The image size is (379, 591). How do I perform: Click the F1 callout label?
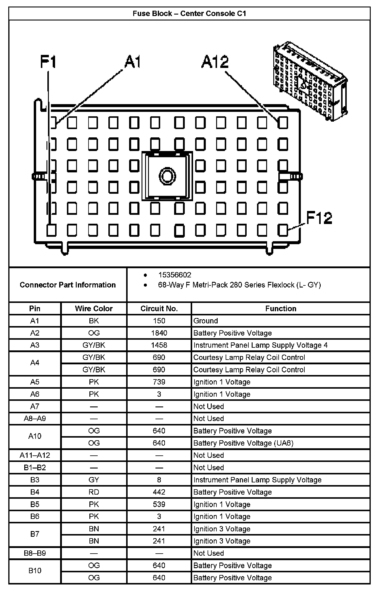[48, 62]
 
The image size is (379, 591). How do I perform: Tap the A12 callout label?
[215, 62]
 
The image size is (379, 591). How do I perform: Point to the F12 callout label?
[319, 218]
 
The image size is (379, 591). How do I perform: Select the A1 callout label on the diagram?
[132, 62]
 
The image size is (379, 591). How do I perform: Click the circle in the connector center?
[167, 176]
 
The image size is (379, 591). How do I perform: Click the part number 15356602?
[175, 275]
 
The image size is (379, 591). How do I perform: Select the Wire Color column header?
[94, 309]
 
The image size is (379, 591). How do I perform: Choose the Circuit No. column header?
[159, 309]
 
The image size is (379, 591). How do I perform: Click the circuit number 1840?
[159, 333]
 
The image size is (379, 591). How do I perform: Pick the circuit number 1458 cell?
[159, 345]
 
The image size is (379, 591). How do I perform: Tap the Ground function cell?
[205, 321]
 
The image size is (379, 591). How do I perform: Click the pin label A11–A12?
[35, 455]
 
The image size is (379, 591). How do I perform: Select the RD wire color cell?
[94, 492]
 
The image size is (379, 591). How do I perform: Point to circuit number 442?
[159, 492]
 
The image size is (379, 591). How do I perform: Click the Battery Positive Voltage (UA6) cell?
[243, 443]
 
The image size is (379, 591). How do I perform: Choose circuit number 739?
[159, 382]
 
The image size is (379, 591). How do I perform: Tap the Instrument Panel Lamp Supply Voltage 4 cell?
[260, 345]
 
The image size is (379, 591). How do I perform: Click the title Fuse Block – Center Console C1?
[189, 14]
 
